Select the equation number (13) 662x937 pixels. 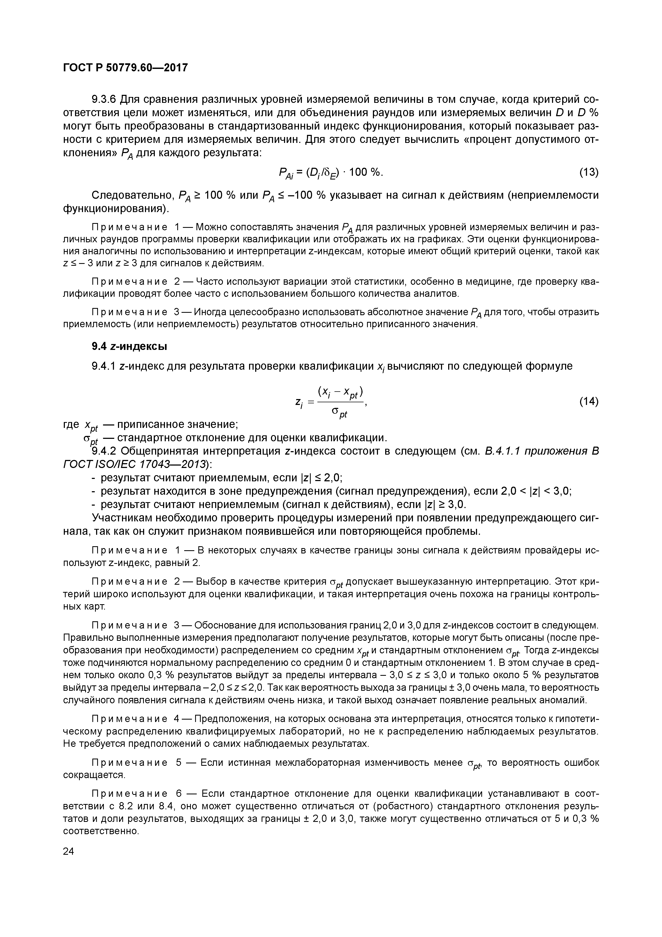[x=589, y=173]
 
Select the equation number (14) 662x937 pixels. [x=589, y=402]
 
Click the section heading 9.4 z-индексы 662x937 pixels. [x=129, y=346]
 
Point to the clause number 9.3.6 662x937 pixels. [x=104, y=100]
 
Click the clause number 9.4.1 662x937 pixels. [x=104, y=366]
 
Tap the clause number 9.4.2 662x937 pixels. [x=104, y=451]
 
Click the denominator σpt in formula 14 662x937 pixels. [x=339, y=413]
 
